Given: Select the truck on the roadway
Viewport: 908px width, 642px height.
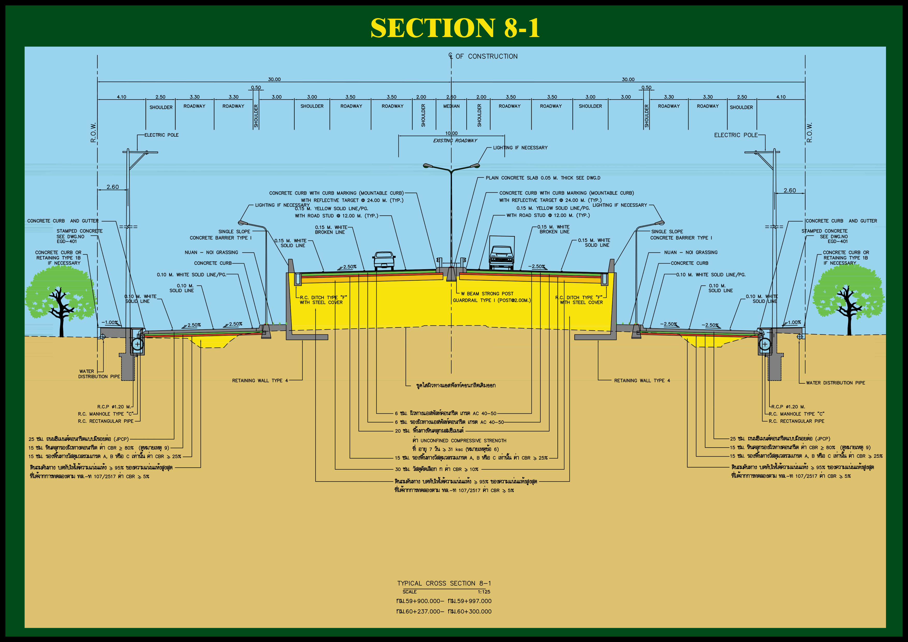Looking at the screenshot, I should (x=501, y=253).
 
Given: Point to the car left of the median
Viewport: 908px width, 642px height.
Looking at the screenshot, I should (x=384, y=260).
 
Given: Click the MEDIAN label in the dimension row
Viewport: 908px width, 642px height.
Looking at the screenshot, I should (x=451, y=106).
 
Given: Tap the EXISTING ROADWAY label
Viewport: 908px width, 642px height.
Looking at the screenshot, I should (x=455, y=140).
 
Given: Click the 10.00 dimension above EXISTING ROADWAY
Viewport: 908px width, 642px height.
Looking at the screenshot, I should (x=451, y=133).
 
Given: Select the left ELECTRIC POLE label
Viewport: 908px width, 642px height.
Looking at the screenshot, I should (x=161, y=135).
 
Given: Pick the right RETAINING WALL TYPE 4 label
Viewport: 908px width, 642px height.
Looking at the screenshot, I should (x=642, y=381).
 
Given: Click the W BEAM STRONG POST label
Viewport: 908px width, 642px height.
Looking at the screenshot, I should (x=487, y=294).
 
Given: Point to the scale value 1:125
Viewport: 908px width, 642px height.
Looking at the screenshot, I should (x=484, y=592).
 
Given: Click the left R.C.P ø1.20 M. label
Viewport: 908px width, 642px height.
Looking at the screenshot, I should (x=114, y=407).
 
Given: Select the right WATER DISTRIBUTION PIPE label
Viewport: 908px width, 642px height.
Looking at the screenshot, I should (x=835, y=383).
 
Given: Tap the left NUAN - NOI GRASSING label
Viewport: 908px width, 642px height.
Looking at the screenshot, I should (x=211, y=252).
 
